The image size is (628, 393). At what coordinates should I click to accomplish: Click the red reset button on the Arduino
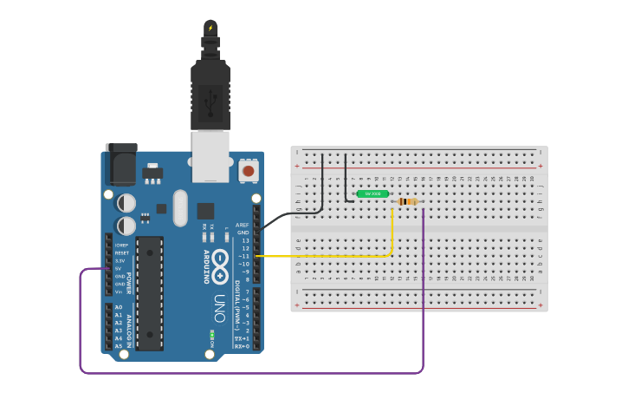click(x=248, y=171)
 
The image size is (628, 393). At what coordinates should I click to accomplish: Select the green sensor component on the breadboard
click(x=372, y=193)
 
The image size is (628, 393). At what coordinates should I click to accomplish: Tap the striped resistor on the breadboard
click(x=407, y=201)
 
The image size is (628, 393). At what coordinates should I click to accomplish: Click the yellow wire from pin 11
click(x=329, y=256)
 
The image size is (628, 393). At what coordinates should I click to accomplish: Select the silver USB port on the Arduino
click(x=210, y=155)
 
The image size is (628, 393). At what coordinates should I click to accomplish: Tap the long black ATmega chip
click(x=149, y=293)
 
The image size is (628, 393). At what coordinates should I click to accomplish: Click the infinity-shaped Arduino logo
click(x=221, y=259)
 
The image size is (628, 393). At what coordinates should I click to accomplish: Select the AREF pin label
click(x=242, y=225)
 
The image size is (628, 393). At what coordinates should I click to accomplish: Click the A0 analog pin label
click(x=119, y=308)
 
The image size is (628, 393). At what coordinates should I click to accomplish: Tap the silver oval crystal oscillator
click(x=180, y=207)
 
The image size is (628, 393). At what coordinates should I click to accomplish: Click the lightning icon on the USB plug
click(x=210, y=28)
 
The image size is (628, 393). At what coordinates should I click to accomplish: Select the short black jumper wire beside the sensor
click(x=346, y=178)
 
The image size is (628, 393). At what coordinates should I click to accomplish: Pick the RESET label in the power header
click(x=121, y=252)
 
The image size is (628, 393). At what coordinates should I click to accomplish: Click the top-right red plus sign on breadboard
click(x=541, y=165)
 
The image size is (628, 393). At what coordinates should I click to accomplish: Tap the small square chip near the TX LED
click(x=205, y=210)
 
